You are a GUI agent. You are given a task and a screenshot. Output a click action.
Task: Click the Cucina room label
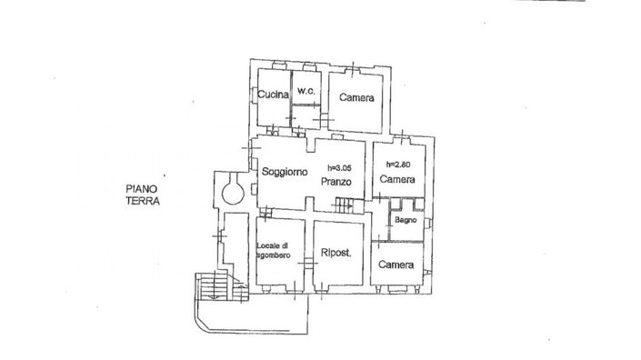(x=272, y=95)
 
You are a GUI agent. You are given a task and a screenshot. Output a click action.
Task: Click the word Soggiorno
(x=284, y=171)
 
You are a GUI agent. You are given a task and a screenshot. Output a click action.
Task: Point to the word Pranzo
(x=335, y=182)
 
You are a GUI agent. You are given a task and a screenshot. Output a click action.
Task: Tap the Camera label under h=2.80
(x=397, y=180)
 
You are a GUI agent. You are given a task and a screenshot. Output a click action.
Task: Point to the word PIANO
(x=143, y=189)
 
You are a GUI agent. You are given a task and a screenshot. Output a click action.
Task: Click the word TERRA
(x=143, y=203)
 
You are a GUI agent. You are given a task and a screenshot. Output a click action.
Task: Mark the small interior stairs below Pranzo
(x=343, y=207)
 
